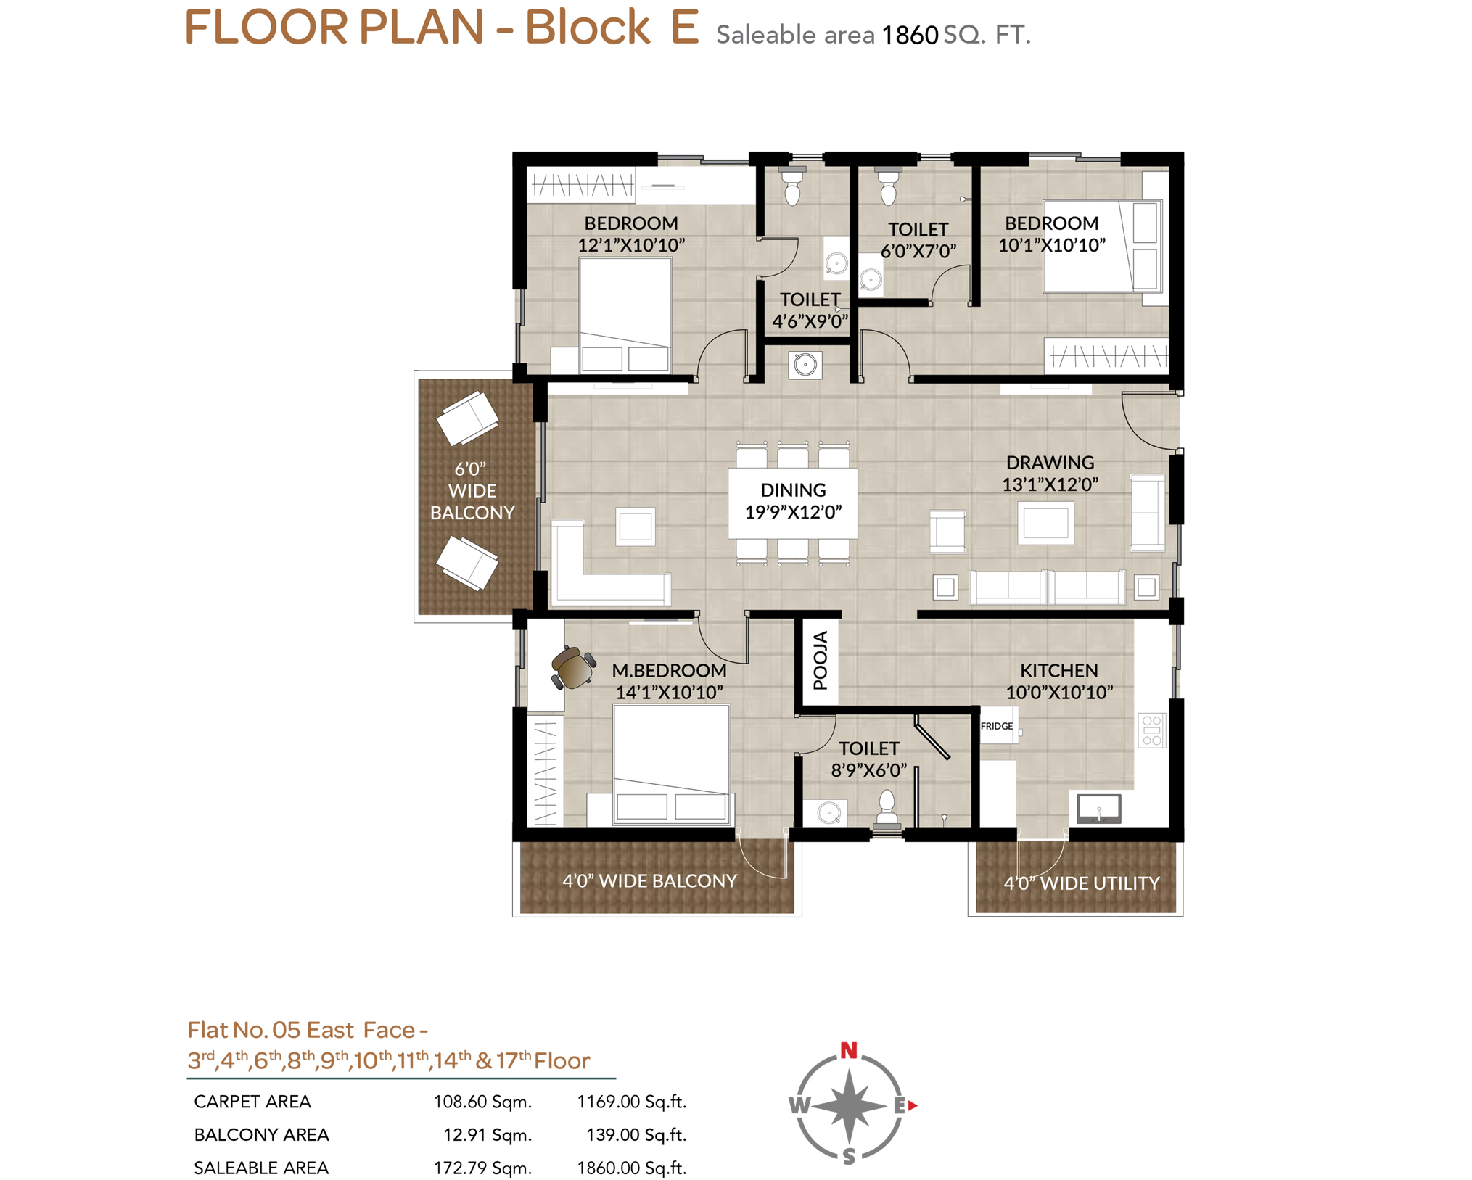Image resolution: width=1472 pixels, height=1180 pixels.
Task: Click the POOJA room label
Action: pos(820,660)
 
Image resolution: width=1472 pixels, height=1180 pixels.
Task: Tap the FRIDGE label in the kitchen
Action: pos(996,726)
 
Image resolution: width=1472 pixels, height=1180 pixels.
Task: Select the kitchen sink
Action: pos(1098,808)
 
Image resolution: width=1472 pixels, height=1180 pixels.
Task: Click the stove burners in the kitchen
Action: pos(1151,730)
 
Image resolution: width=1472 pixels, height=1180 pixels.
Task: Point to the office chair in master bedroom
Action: pos(573,667)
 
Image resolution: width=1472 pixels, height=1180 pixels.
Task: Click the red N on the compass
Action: pos(848,1049)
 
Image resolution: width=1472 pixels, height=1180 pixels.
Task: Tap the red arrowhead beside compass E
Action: pos(913,1105)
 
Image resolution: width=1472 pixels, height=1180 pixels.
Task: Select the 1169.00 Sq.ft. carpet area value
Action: pos(631,1102)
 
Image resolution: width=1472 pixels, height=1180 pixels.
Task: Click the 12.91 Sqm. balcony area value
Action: pos(488,1134)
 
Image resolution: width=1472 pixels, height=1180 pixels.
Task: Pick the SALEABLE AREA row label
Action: pos(261,1168)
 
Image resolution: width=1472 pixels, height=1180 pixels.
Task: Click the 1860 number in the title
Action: pos(910,35)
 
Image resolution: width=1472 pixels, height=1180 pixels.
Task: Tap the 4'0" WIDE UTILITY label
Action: pos(1081,883)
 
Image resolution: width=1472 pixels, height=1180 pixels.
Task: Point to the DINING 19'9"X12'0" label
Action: pos(793,500)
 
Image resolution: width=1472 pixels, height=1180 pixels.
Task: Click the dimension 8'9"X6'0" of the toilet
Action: pos(868,770)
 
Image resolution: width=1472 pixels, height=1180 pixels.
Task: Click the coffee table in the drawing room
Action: pos(1045,523)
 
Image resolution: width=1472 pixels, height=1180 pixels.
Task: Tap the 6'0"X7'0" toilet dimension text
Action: pos(918,251)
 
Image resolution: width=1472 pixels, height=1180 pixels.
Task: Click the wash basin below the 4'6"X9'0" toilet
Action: pos(805,364)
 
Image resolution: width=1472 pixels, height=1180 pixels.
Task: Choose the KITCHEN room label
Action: pos(1059,670)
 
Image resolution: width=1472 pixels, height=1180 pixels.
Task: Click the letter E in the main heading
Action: pos(684,28)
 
